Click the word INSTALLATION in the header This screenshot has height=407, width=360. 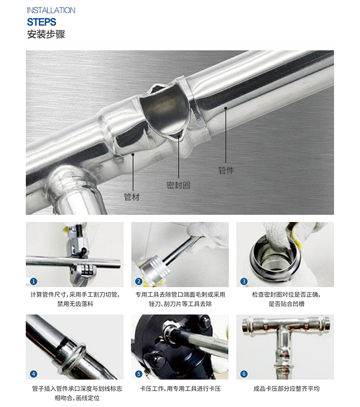coord(51,10)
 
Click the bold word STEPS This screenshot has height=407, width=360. coord(41,22)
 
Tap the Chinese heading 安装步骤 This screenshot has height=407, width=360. coord(46,34)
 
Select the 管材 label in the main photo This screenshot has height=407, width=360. coord(132,197)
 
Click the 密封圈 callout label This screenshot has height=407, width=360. coord(178,185)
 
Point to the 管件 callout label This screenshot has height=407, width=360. coord(226,170)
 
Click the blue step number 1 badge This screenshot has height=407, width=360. coord(33,281)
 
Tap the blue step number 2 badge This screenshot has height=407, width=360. coord(139,281)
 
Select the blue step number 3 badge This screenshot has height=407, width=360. coord(244,281)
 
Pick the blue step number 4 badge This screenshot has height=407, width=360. coord(33,374)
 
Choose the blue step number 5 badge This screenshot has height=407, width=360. coord(139,374)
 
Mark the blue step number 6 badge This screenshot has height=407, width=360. coord(244,374)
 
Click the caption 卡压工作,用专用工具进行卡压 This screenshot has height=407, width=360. coord(180,389)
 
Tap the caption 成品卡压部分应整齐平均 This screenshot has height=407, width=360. coord(286,389)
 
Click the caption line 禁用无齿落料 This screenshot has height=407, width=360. coord(75,304)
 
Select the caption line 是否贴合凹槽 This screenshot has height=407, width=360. coord(286,304)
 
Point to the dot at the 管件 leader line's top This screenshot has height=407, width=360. coord(226,108)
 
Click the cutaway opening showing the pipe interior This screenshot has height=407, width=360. coord(165,110)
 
